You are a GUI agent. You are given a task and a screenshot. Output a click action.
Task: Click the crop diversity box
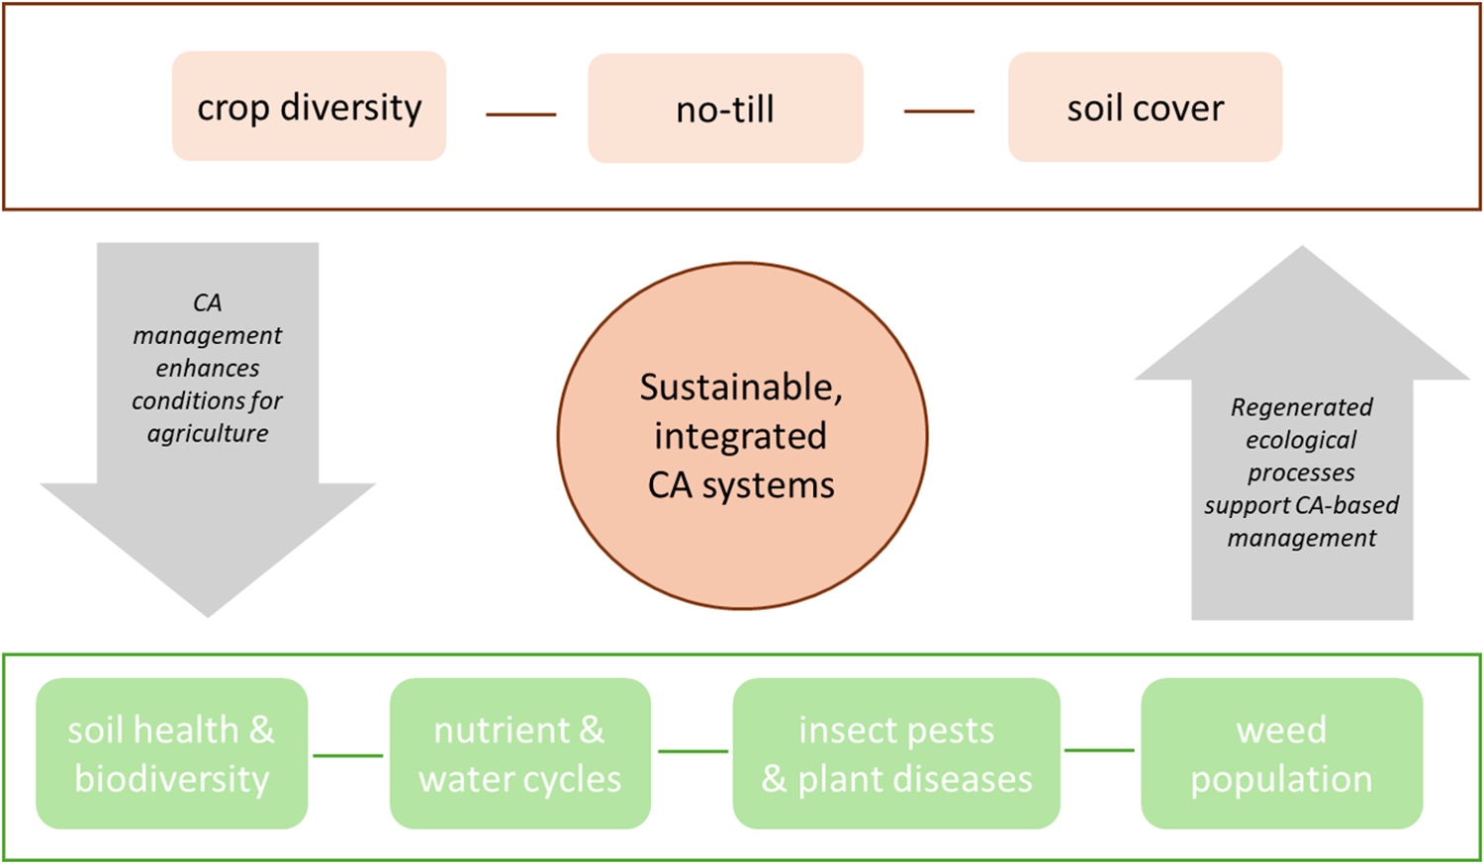point(309,107)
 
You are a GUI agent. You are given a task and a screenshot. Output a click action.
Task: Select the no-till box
point(725,109)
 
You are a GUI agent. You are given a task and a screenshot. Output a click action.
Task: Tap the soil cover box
point(1145,108)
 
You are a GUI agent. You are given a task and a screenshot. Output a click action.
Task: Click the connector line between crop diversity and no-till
point(520,115)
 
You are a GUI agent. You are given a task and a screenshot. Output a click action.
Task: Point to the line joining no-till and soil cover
point(939,112)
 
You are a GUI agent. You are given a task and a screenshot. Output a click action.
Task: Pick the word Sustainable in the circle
point(741,387)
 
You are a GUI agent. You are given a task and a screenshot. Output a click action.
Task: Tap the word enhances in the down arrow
point(208,368)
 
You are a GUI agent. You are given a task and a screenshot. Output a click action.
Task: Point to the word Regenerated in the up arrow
point(1301,407)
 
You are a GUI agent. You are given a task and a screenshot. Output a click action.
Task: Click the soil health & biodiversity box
point(172,753)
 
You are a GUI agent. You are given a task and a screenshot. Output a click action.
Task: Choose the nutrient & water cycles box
point(520,753)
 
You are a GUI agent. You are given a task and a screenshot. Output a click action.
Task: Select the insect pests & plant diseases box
point(896,753)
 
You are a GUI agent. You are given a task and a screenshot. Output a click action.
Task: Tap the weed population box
point(1281,753)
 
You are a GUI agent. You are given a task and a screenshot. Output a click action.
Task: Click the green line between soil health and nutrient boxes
point(348,755)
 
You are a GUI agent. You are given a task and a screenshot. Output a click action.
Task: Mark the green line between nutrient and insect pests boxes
point(693,751)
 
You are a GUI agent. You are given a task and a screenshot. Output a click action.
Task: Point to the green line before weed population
point(1099,750)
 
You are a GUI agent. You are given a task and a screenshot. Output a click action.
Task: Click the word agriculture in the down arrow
point(208,434)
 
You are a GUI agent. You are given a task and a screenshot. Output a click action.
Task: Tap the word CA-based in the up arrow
point(1351,505)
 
